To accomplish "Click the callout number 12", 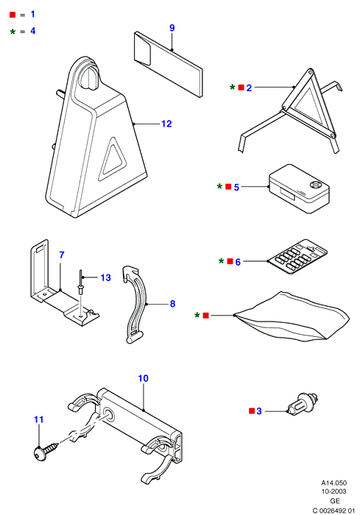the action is tap(166, 124).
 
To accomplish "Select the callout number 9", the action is tap(172, 28).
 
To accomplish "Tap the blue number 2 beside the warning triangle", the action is tap(249, 88).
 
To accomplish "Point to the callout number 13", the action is tap(105, 278).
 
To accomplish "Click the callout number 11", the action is tap(39, 419).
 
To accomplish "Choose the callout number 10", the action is tap(144, 378).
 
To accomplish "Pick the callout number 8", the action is tap(172, 304).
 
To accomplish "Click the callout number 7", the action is tap(62, 255).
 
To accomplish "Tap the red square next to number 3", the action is tap(252, 411).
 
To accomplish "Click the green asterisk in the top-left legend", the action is tap(13, 32).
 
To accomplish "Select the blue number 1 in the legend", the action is tap(32, 14).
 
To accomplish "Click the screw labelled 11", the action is tap(46, 451).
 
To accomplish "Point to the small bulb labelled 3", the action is tap(303, 404).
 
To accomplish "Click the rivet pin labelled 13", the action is tap(80, 283).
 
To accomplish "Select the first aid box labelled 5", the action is tap(299, 188).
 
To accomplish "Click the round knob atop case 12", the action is tap(90, 77).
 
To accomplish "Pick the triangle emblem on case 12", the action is tap(112, 159).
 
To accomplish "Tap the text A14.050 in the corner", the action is tap(333, 483).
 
